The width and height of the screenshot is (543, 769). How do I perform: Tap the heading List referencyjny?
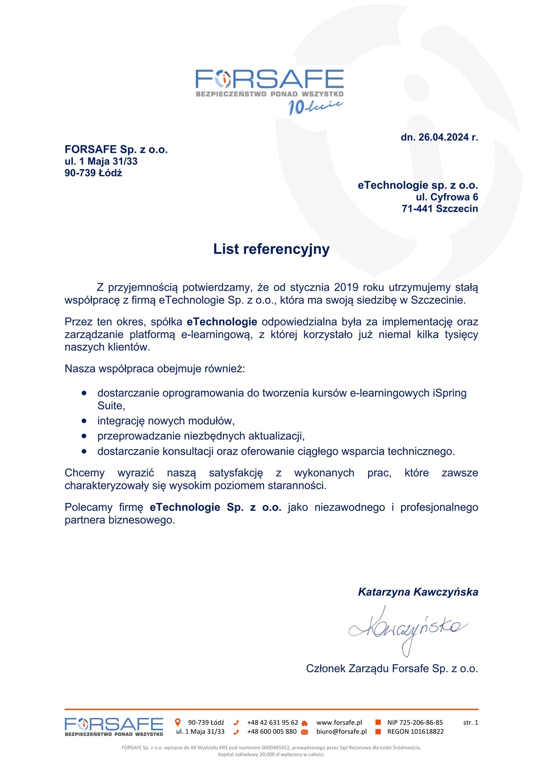click(x=271, y=249)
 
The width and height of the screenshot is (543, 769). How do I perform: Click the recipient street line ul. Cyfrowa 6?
click(x=447, y=197)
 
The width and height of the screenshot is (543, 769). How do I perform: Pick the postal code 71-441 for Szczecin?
click(x=417, y=209)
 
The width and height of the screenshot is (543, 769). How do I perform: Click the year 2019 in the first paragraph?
click(x=346, y=288)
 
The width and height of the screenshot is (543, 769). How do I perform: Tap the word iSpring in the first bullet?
click(x=449, y=393)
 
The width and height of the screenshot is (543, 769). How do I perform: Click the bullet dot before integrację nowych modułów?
click(x=84, y=421)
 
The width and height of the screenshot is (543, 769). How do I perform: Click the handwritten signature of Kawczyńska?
click(x=407, y=629)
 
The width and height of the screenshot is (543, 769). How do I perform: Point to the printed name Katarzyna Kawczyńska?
click(x=418, y=592)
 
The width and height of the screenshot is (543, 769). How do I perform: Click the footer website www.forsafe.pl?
click(x=339, y=723)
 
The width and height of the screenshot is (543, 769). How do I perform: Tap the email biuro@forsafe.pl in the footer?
click(x=342, y=732)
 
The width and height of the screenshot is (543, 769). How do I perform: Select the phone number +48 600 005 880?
click(x=271, y=732)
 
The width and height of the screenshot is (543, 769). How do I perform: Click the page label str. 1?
click(x=470, y=723)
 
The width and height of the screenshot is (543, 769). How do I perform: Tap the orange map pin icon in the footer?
click(x=178, y=722)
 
